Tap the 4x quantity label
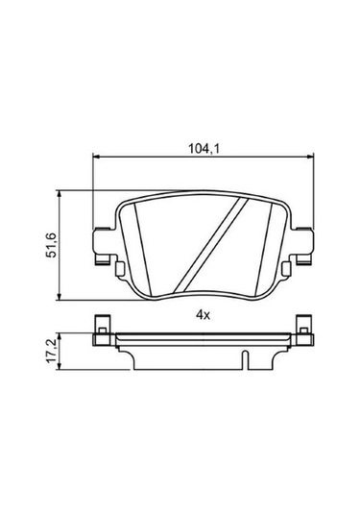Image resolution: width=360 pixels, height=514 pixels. [x=202, y=314]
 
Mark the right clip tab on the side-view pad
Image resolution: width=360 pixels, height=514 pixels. [x=304, y=329]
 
